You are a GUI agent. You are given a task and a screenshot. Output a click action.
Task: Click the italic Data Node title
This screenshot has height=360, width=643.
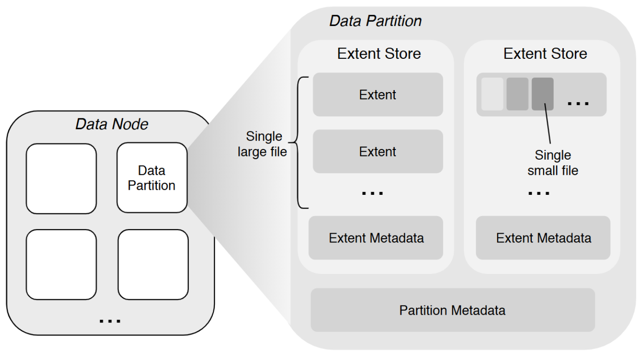point(112,124)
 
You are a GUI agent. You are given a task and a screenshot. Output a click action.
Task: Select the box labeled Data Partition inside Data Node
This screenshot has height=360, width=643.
point(152,178)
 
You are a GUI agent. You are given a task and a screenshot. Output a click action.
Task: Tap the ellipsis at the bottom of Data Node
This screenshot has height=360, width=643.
point(110,320)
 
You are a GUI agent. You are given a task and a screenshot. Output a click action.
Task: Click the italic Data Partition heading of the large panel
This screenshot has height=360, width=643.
point(375,21)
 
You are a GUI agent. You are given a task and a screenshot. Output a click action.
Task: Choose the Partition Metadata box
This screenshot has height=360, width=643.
point(452,310)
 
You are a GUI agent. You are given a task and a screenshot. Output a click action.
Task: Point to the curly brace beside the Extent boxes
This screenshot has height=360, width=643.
point(301,143)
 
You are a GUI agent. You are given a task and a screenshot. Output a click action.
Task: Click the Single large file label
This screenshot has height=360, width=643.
point(262,144)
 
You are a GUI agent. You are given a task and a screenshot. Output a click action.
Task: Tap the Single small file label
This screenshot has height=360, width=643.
point(553,162)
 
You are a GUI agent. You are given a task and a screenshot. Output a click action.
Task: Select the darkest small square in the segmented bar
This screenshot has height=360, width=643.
point(543,94)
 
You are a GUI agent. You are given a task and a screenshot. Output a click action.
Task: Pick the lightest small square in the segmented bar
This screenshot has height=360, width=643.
point(492,94)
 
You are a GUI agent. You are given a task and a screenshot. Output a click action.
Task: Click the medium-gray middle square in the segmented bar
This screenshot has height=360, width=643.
point(517,94)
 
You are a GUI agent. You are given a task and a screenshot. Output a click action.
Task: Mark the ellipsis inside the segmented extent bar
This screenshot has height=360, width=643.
point(578,103)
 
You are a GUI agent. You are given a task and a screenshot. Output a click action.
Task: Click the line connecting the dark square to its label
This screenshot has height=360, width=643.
point(548,125)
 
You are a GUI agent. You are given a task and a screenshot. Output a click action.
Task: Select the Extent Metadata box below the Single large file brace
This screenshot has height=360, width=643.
point(376,238)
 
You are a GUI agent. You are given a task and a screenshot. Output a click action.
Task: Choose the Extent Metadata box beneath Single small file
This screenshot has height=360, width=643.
point(543,238)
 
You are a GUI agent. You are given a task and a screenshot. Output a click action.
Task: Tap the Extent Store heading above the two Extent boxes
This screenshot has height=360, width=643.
point(379,54)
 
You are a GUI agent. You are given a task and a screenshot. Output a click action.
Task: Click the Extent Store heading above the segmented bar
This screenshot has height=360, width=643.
point(545,54)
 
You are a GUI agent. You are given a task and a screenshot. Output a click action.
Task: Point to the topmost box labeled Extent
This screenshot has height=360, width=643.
point(378,94)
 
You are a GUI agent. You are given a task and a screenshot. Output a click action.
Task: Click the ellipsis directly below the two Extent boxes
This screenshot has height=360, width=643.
point(372,192)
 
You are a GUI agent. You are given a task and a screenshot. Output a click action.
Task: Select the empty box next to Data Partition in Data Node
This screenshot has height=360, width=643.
point(61,178)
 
